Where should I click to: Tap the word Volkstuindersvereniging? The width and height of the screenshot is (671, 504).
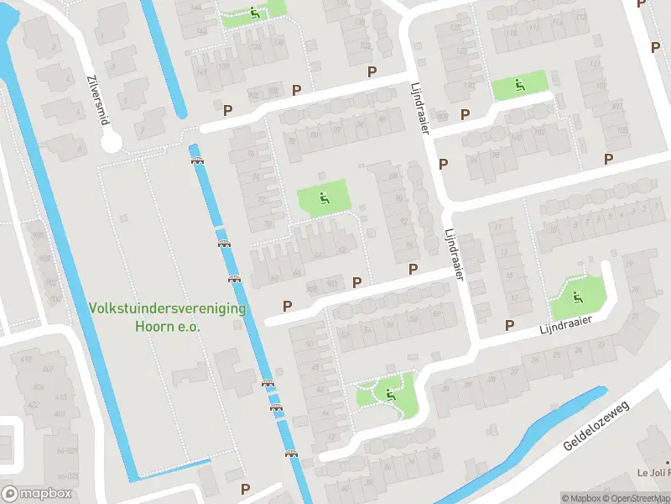168,308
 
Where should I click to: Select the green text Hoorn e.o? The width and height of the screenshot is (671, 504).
168,326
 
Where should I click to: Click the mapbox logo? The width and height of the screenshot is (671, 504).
35,493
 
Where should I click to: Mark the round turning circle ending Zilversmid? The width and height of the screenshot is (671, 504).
112,143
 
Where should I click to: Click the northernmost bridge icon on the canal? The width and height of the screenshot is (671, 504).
198,160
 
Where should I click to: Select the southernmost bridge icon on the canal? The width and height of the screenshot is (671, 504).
292,454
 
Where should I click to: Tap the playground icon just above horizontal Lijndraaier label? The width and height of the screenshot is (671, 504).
576,295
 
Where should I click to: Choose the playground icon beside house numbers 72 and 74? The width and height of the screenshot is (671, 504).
324,198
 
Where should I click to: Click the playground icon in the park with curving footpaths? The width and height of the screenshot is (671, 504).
389,392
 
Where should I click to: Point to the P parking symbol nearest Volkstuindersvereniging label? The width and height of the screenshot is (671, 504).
288,307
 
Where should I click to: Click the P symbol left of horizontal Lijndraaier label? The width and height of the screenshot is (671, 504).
508,325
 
